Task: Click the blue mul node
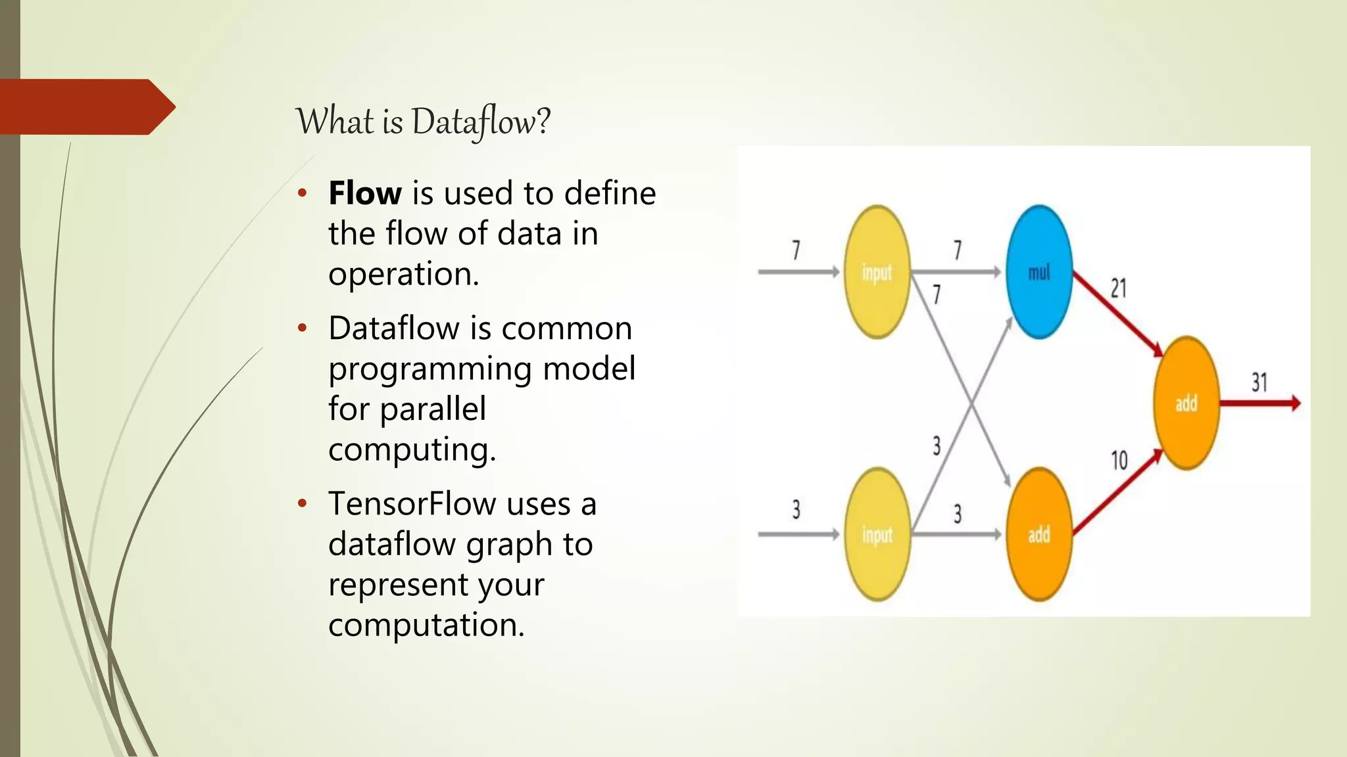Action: (1039, 272)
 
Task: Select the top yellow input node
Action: (877, 272)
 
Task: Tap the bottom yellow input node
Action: (877, 534)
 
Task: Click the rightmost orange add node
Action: (1186, 403)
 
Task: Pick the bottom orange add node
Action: (1039, 534)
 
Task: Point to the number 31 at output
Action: (1259, 382)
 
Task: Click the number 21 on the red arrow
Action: (1118, 288)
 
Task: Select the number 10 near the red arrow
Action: (1119, 460)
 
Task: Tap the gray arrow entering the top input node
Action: (798, 271)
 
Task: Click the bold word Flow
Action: (365, 193)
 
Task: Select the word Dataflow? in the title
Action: (481, 122)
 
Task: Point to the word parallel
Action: (433, 409)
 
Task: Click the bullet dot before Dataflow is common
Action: (302, 328)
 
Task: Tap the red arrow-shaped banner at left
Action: (86, 107)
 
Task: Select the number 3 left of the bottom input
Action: (796, 509)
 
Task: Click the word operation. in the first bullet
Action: (403, 274)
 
